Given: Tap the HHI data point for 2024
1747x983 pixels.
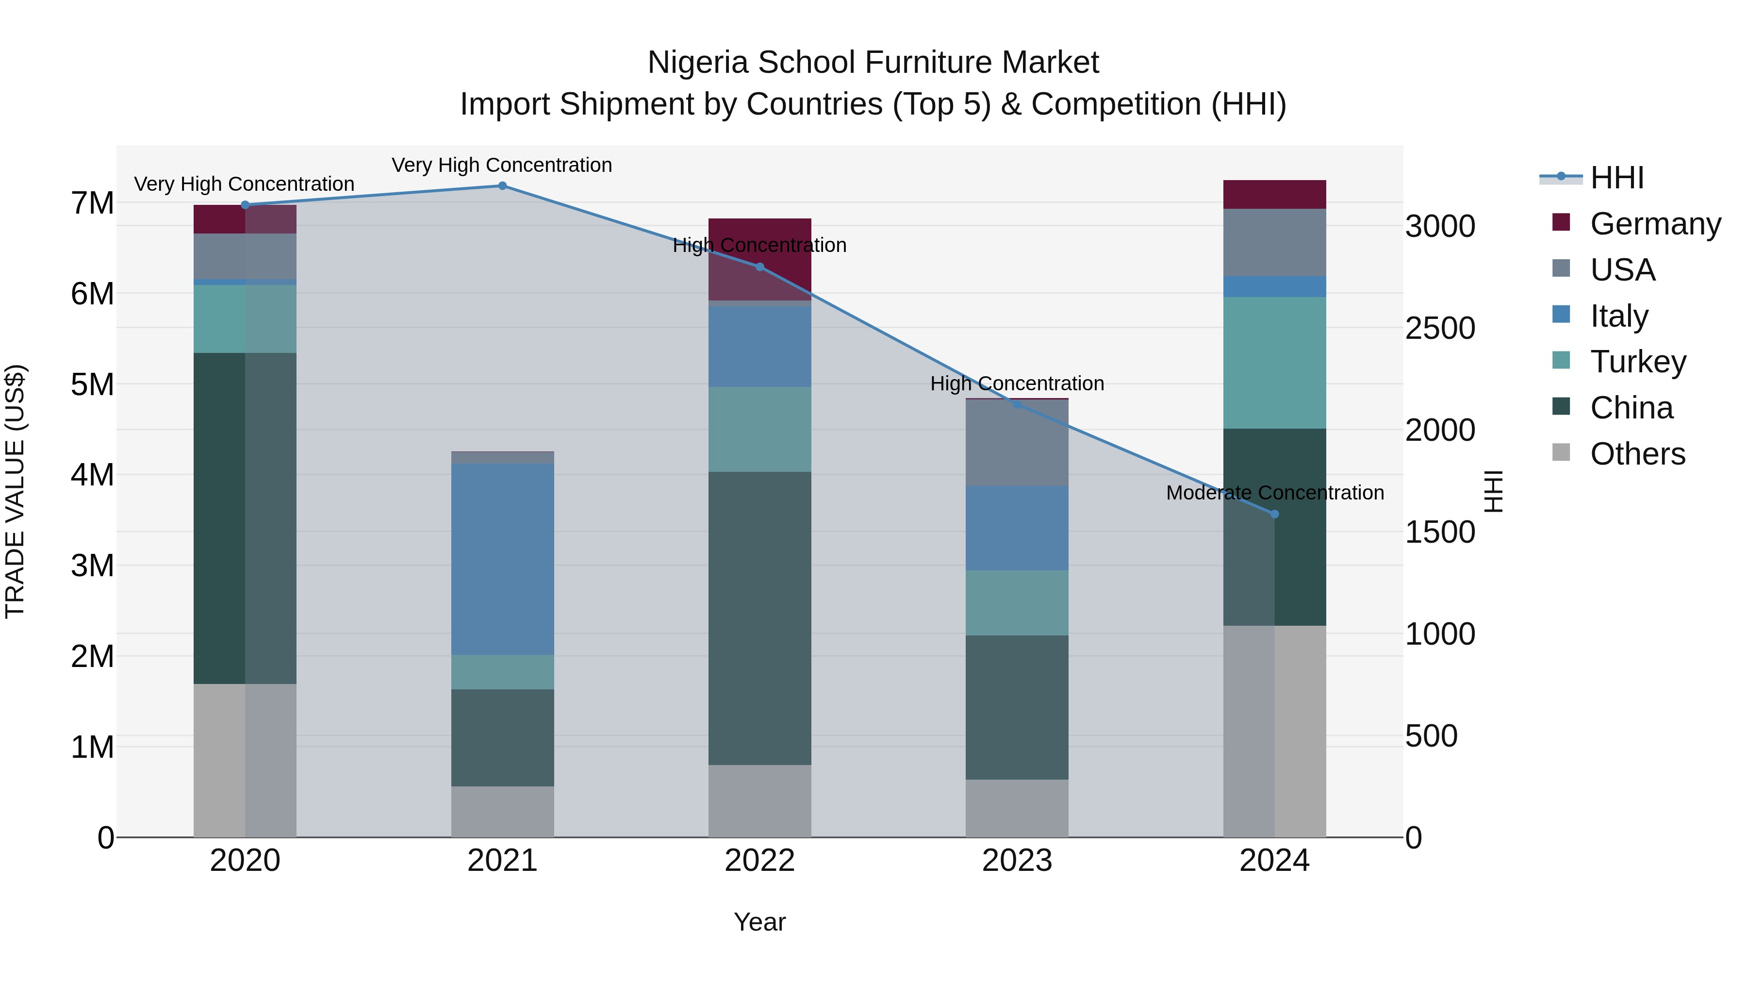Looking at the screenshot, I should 1274,514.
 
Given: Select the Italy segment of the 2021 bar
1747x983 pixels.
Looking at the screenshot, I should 503,559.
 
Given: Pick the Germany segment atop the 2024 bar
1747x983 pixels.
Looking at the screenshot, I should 1274,195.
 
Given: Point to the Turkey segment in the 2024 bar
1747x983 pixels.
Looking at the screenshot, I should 1274,363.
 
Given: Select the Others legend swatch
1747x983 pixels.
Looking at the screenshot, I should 1561,452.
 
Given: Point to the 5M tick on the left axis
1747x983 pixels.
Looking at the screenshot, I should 92,384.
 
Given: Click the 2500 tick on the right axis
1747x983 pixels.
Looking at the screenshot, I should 1440,328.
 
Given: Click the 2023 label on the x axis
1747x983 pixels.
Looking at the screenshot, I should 1017,861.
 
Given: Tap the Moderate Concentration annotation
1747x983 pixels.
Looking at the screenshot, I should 1274,493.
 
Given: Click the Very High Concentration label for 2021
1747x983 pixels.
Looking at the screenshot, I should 502,165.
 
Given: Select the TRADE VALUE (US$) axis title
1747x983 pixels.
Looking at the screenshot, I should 15,491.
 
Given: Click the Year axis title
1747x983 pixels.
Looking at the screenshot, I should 759,922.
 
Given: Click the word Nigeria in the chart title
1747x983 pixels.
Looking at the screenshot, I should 698,63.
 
